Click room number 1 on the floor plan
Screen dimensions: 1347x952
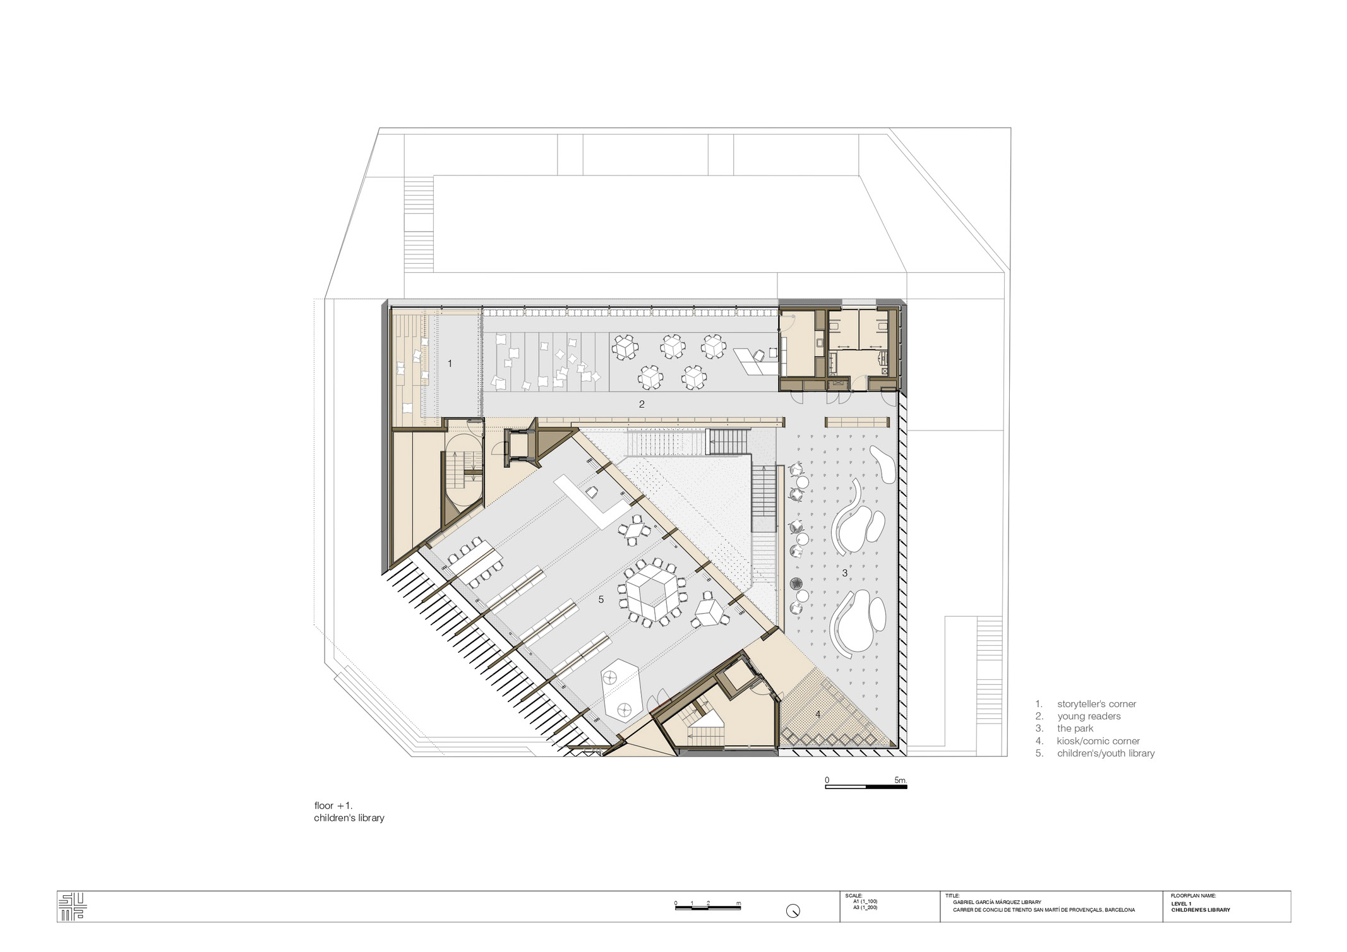pos(450,364)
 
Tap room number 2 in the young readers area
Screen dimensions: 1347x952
pos(642,404)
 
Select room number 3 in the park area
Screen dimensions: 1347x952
pos(845,573)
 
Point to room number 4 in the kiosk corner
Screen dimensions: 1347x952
pos(818,715)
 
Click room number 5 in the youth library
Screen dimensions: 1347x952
pos(601,600)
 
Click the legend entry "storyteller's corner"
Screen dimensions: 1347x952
pos(1096,704)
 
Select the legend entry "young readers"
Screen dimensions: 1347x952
pos(1089,716)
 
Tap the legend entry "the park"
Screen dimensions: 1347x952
pos(1075,729)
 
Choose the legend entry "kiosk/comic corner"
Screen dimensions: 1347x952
pos(1098,741)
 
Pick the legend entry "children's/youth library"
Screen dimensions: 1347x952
pos(1106,753)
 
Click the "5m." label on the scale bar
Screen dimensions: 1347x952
pos(901,780)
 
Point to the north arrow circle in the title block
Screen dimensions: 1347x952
pos(793,911)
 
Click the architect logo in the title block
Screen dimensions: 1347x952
pos(73,907)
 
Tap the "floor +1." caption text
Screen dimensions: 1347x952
pos(333,806)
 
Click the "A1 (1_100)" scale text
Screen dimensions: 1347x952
pos(865,901)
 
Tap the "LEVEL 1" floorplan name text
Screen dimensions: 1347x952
pos(1181,903)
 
